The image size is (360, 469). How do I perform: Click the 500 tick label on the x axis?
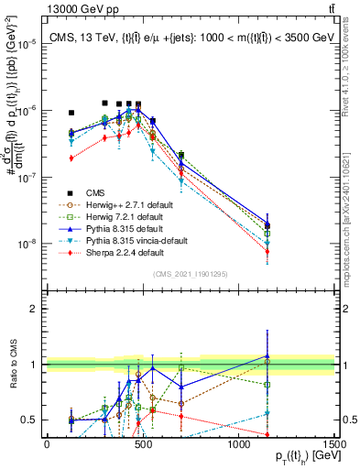pos(143,444)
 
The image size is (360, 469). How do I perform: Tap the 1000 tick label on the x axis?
pos(238,444)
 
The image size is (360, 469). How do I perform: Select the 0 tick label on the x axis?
pos(47,444)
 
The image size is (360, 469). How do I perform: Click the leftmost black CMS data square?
pos(71,113)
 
